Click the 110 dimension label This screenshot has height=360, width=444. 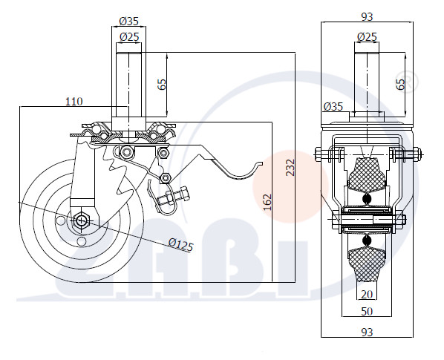pos(74,102)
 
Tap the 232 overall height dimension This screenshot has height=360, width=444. pos(290,168)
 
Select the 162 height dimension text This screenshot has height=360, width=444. pos(267,202)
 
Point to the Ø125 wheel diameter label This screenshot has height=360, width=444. pos(180,245)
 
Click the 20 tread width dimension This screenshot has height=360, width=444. pos(367,295)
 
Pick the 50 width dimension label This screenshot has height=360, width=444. pos(367,312)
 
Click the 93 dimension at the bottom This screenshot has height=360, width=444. pos(367,332)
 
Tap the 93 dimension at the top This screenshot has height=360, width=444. pos(367,17)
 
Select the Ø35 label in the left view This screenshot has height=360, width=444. pos(129,21)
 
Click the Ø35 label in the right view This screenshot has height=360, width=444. pos(333,107)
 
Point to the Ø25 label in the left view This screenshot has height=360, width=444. pos(129,37)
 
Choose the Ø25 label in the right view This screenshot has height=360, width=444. pos(367,37)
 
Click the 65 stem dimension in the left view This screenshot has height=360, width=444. pos(162,84)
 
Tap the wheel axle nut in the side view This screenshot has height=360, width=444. pos(81,220)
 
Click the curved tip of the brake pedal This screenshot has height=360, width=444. pos(259,163)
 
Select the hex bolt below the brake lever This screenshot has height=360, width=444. pos(173,197)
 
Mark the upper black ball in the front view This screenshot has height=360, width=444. pos(367,199)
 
